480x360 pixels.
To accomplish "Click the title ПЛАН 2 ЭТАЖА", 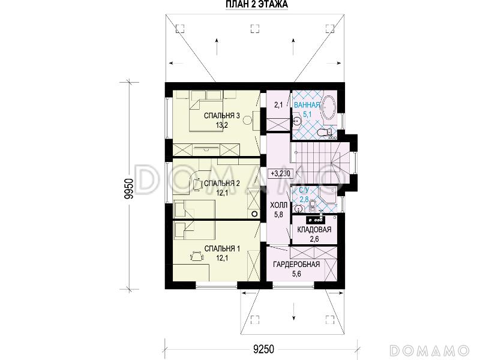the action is [257, 4].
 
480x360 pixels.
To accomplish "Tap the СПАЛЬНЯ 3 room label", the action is [221, 116].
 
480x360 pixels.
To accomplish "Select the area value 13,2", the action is [221, 125].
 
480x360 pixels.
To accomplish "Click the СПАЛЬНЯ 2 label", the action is [221, 184].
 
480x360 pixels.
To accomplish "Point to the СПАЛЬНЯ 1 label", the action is [222, 248].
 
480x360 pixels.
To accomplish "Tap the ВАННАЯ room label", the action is [307, 105].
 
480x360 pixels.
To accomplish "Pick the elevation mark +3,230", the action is [280, 173].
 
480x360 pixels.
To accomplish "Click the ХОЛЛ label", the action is [278, 205].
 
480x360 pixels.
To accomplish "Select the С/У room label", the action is [304, 190].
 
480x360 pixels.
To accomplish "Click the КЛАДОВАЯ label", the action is [314, 230].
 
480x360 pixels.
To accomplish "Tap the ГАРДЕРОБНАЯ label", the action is [296, 264].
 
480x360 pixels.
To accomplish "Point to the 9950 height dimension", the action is [129, 189].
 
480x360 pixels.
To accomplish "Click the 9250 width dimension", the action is [263, 349].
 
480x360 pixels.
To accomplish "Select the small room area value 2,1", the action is [278, 105].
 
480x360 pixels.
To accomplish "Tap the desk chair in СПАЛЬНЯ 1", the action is [197, 256].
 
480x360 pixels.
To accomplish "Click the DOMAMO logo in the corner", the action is [430, 350].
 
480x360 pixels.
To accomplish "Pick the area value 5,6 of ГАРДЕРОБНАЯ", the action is [296, 274].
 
